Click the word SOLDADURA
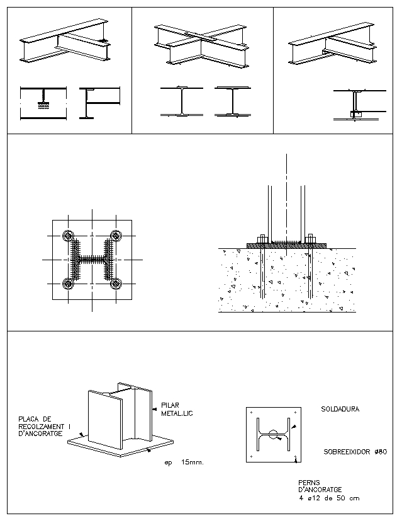pos(340,409)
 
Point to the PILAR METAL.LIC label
pos(173,410)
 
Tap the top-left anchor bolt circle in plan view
pos(67,236)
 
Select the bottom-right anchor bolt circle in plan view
pos(116,284)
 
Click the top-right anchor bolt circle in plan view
pos(116,236)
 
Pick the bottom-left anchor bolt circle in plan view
pos(67,284)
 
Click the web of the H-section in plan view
pos(92,260)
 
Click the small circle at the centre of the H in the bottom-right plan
pos(272,434)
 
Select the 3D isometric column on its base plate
pos(120,419)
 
